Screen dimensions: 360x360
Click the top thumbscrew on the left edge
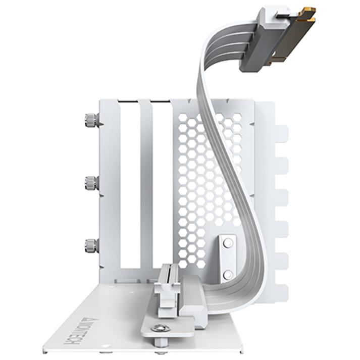click(91, 120)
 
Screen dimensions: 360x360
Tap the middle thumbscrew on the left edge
click(91, 183)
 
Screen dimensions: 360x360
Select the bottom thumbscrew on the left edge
click(91, 246)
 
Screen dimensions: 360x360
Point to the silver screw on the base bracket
click(160, 328)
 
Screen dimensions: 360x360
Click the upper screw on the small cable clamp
click(228, 243)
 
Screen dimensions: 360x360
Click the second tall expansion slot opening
click(162, 187)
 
